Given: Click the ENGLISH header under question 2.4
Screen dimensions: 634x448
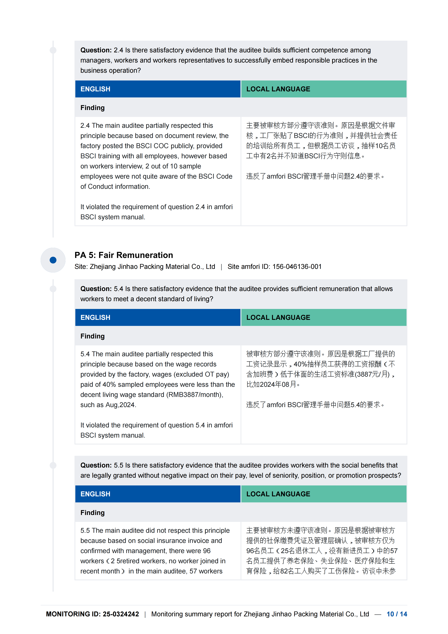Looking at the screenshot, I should coord(95,89).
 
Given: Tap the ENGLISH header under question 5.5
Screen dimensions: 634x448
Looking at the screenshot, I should coord(95,494).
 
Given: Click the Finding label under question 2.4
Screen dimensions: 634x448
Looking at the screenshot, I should coord(92,108).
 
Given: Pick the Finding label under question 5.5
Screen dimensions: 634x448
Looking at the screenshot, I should coord(92,513).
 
